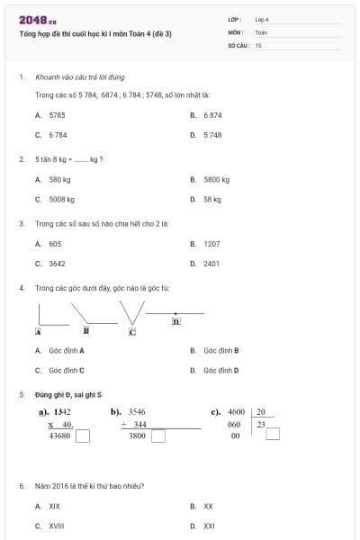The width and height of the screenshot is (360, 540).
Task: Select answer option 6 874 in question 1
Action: [x=212, y=115]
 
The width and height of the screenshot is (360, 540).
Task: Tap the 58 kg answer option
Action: [x=212, y=199]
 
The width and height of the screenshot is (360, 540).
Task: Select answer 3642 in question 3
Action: [x=57, y=264]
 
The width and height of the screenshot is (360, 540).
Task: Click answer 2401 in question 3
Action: [x=212, y=264]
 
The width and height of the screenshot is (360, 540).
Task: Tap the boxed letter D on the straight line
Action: [x=175, y=321]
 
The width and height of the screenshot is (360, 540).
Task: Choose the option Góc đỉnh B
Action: [x=220, y=349]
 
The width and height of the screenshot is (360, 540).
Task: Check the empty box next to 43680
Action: [x=83, y=436]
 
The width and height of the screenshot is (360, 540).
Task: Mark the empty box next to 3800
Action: [x=158, y=436]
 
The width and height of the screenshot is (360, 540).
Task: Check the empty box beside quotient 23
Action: [x=273, y=434]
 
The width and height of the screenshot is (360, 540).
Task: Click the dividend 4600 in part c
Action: [x=237, y=412]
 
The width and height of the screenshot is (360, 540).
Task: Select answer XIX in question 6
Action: [x=55, y=506]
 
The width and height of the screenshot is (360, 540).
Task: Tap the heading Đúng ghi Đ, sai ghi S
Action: [x=68, y=394]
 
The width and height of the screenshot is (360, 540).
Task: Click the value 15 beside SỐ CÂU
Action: [x=258, y=44]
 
